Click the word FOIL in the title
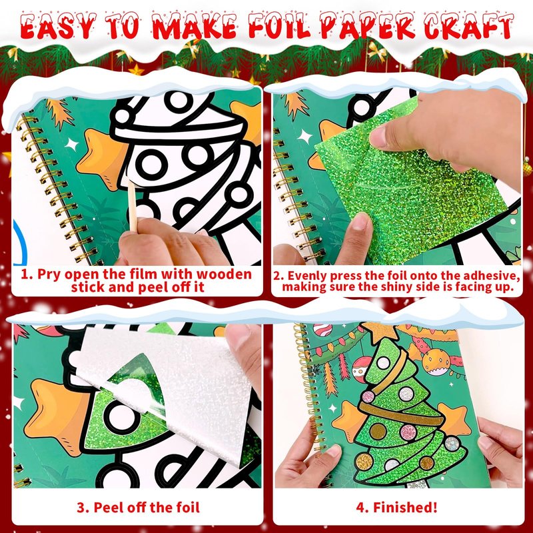279,25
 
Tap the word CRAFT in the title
469,26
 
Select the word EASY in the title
58,26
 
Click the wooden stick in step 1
132,206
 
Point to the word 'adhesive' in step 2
491,275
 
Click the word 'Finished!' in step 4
405,507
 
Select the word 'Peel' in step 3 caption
107,507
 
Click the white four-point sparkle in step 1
72,145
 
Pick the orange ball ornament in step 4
436,362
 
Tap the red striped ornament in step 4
322,330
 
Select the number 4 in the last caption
360,507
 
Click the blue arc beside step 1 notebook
21,242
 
